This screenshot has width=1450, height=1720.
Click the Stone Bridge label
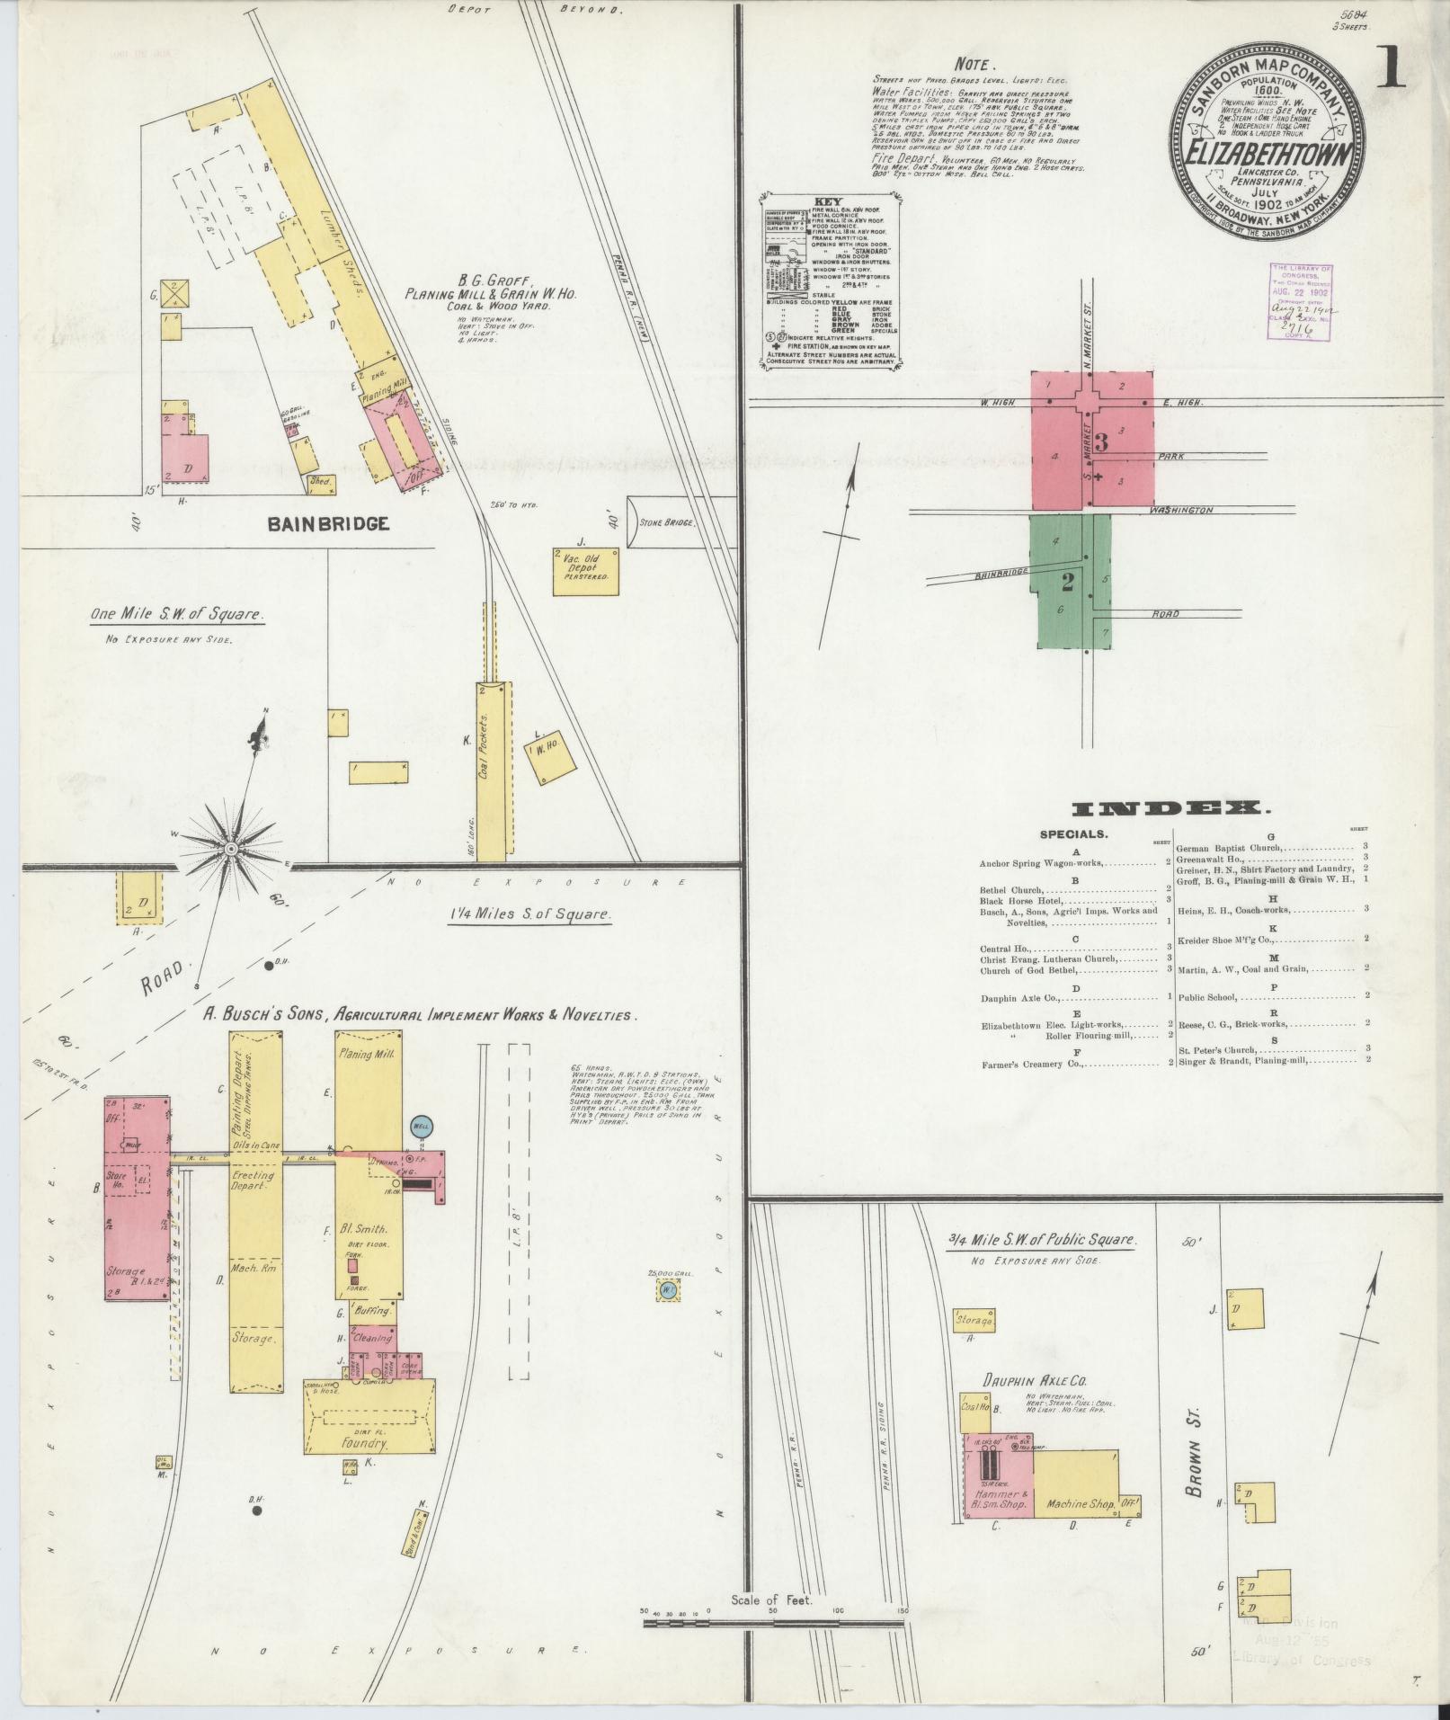(x=666, y=521)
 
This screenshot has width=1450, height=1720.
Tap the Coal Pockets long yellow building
(x=493, y=770)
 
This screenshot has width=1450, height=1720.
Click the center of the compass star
(x=232, y=848)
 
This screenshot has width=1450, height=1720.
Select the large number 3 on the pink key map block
(x=1102, y=442)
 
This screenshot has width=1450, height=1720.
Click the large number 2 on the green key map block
(x=1067, y=583)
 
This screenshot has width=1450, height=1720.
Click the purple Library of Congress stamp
(x=1301, y=302)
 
